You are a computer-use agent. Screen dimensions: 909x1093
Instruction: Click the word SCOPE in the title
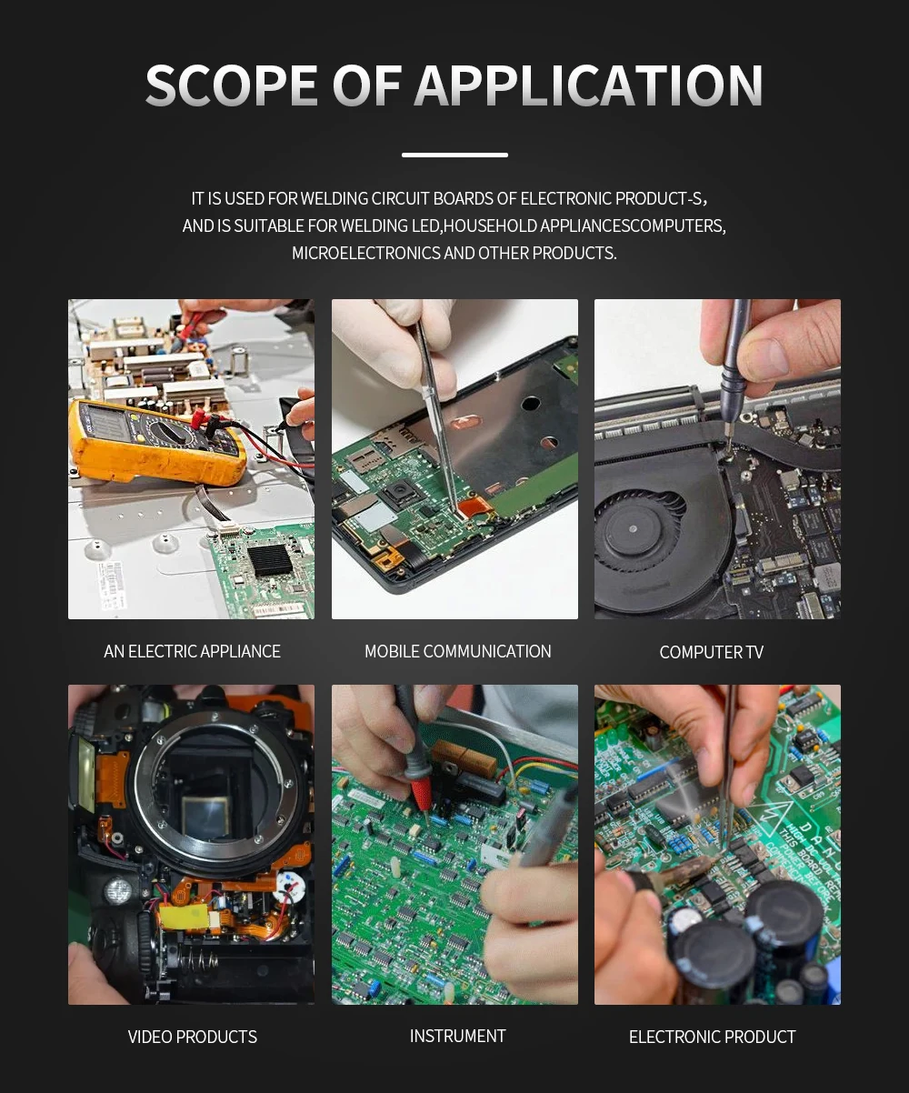(231, 85)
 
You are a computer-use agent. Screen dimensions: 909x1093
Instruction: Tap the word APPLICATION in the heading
(588, 85)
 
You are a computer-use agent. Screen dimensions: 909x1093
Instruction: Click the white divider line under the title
(454, 155)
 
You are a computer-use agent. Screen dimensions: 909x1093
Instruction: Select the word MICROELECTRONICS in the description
(366, 254)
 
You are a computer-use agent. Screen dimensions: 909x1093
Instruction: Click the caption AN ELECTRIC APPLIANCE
(192, 651)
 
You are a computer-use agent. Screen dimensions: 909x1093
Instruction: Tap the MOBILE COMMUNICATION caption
(458, 651)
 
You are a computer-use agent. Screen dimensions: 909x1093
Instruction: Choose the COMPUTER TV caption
(711, 652)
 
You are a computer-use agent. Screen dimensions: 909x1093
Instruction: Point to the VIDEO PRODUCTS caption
(193, 1037)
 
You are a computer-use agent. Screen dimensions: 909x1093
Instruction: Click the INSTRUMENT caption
(458, 1036)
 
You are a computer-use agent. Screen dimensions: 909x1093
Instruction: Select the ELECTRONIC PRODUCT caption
(713, 1037)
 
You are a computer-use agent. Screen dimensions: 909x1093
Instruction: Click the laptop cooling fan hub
(633, 528)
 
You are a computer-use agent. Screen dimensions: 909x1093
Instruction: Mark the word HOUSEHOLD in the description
(490, 226)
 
